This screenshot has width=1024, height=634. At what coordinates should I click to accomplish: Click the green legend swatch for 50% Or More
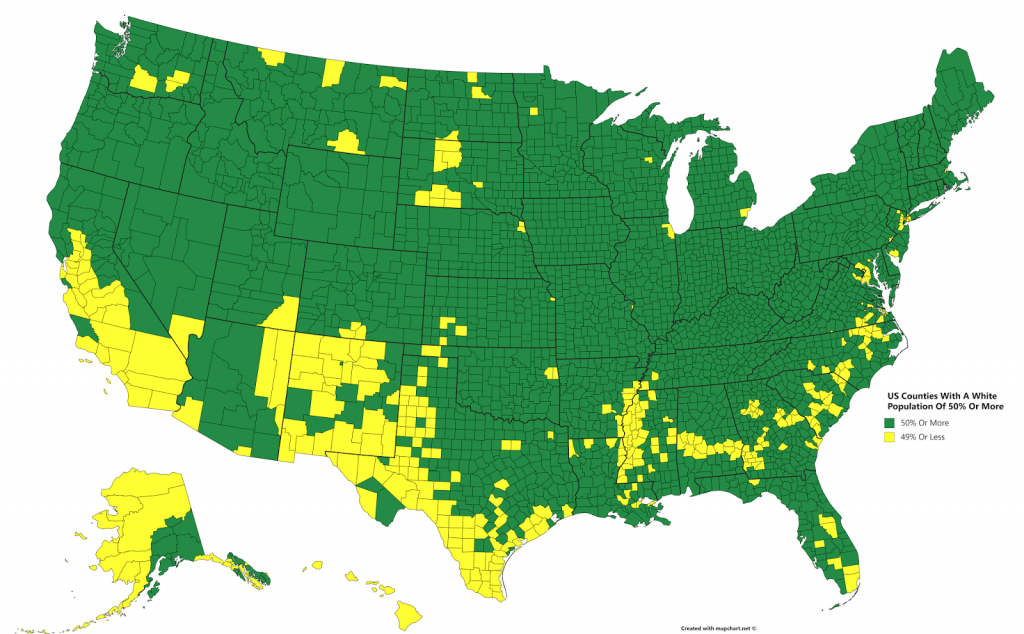pos(886,424)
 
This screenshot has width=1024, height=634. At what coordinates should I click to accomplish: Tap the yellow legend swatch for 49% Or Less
pos(886,437)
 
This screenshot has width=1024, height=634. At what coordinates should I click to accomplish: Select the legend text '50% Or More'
pos(923,424)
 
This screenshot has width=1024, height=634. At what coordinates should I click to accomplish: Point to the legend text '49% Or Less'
pos(922,437)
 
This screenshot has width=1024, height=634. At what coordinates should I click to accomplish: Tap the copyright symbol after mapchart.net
pos(755,629)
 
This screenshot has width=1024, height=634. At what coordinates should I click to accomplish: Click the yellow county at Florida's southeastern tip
pos(850,577)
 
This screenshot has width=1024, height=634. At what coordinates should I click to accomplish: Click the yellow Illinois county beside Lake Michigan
pos(667,232)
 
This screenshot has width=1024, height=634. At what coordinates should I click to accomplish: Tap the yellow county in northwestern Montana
pos(271,57)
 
